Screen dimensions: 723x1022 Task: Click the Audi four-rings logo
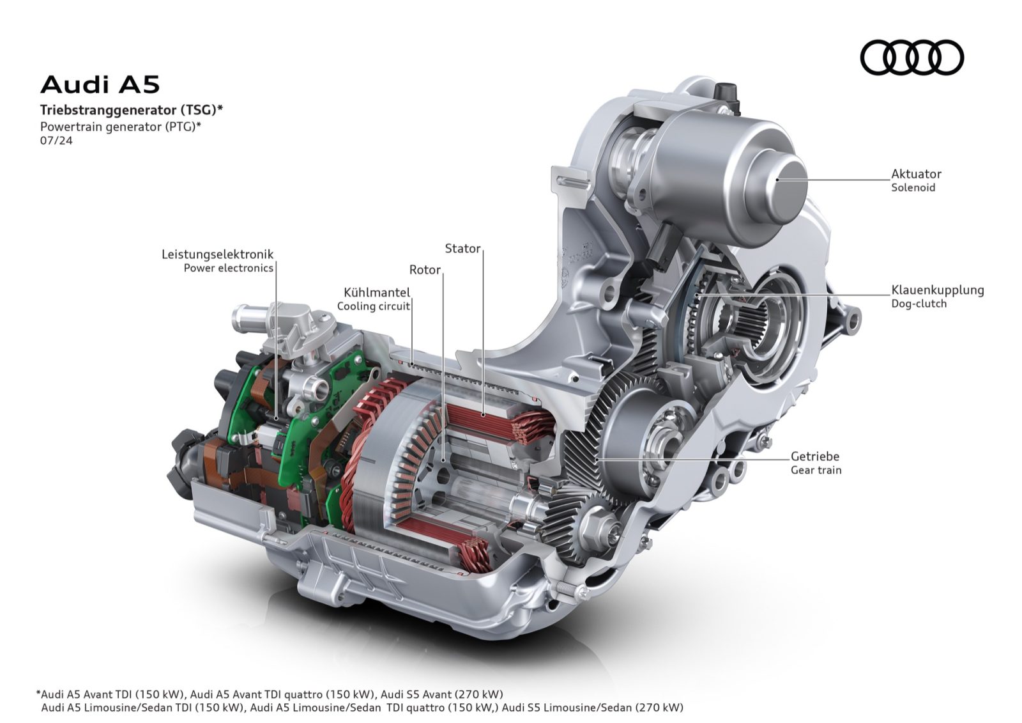[911, 58]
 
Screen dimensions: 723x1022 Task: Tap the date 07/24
[56, 141]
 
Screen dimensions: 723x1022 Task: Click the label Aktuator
[916, 174]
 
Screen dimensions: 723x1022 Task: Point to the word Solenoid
[913, 188]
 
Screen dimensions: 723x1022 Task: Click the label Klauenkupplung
[937, 290]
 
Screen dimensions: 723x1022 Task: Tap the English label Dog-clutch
[919, 304]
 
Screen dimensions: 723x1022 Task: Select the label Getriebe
[814, 456]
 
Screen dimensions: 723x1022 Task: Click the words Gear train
[816, 470]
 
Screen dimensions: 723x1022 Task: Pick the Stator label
[462, 249]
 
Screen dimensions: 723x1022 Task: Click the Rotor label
[425, 270]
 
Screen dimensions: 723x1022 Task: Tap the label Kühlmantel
[376, 293]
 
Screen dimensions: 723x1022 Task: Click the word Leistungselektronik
[217, 254]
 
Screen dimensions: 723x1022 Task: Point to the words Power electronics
[228, 268]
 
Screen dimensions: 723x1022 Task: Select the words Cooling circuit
[373, 306]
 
